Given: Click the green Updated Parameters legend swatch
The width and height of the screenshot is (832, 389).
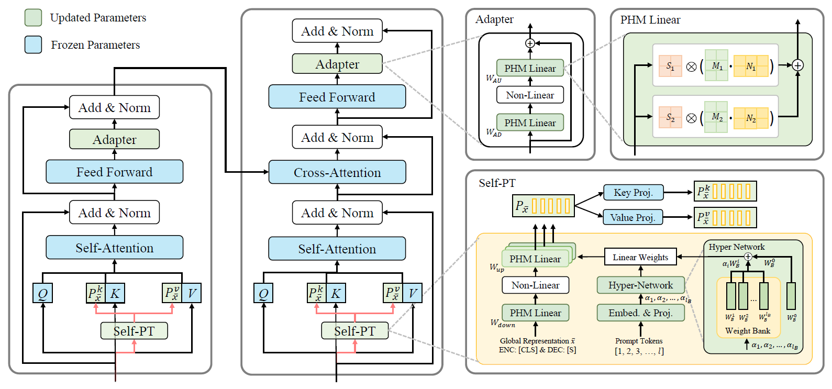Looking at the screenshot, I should pos(34,17).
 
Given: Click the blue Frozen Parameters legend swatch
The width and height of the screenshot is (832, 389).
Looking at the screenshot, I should pos(34,45).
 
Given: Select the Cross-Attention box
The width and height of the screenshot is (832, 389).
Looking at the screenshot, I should pos(337,172).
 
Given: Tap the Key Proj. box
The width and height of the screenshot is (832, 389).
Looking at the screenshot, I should pos(633,192).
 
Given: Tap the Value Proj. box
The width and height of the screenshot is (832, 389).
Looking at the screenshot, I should pos(633,217).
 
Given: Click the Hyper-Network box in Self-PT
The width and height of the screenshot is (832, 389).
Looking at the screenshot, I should pos(640,285).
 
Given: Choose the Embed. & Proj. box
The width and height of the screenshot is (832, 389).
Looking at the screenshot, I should pos(640,313).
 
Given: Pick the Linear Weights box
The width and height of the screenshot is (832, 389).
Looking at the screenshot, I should pos(640,257).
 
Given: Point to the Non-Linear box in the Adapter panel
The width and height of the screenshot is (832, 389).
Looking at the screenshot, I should pos(530,95).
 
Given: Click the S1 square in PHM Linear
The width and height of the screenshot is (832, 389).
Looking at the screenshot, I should pos(670,66).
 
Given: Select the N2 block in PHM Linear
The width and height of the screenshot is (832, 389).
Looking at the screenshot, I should pos(751,118).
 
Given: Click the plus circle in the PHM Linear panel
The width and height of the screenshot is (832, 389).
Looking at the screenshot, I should pos(797,65).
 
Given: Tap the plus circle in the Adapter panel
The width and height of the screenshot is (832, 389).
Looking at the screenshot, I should pos(530,43).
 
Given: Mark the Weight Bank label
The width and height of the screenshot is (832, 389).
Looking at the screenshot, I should pos(748,331).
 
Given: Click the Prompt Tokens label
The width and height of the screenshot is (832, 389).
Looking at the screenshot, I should pos(639,341).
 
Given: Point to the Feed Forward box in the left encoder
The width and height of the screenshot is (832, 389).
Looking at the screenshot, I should pos(114,172).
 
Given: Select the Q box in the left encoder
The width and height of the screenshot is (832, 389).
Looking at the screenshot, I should pos(42,293).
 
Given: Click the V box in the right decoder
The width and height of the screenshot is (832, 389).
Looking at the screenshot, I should pos(413,293).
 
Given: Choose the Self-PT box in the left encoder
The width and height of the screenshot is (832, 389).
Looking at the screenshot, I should pos(134,331).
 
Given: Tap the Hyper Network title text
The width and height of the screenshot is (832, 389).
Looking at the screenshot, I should pos(736,247).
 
